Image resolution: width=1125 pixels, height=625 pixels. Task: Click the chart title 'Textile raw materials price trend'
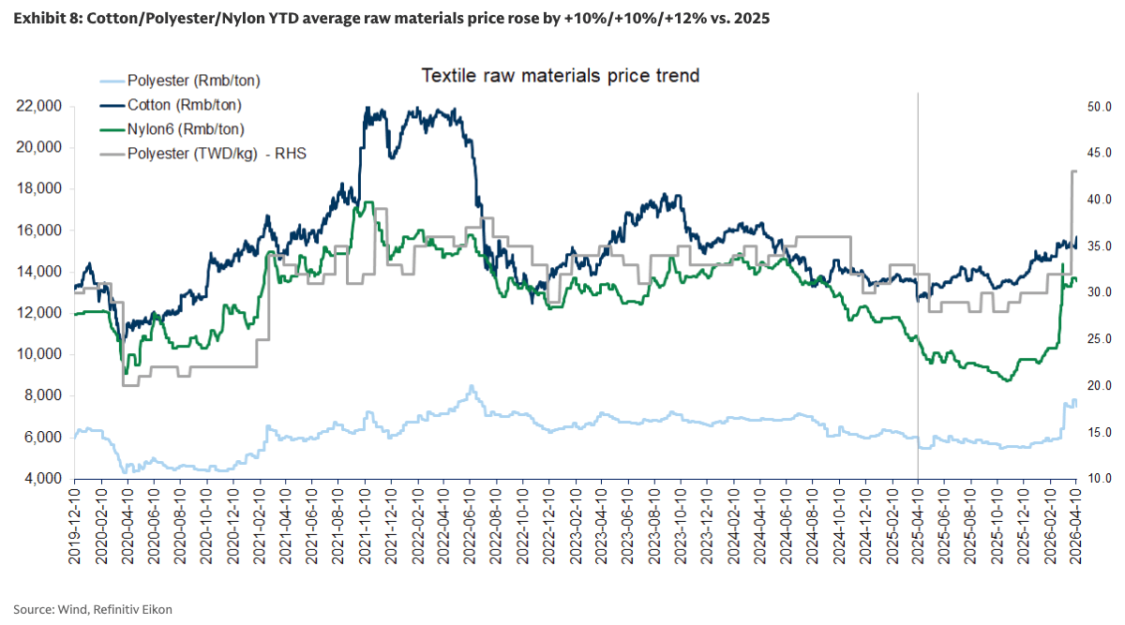560,75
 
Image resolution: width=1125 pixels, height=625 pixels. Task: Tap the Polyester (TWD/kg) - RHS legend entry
217,154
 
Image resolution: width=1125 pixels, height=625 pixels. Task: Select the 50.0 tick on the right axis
1099,107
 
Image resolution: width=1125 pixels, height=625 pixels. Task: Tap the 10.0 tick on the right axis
1099,479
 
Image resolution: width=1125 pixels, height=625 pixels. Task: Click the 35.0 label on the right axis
1099,246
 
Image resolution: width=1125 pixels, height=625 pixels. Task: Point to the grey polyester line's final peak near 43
1074,171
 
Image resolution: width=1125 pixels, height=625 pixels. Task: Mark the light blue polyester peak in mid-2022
472,386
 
